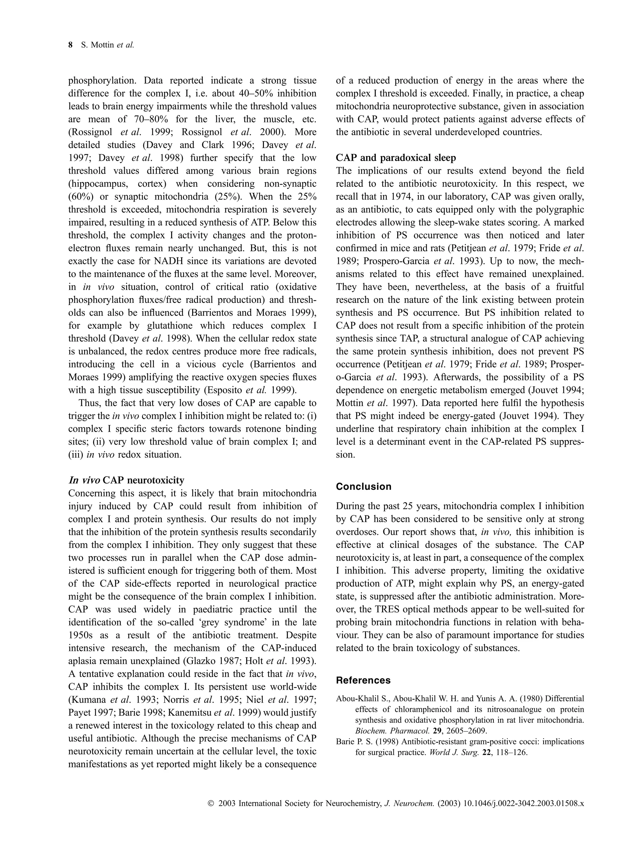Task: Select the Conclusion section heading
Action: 363,487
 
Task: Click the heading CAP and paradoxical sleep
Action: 396,158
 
